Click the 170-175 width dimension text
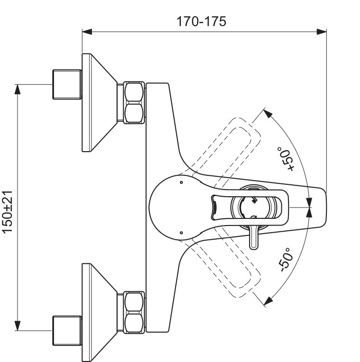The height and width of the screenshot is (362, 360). tap(201, 21)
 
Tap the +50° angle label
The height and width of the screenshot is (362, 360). tap(286, 161)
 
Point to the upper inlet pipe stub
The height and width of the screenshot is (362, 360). tap(66, 85)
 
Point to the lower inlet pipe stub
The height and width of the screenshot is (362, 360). tap(66, 331)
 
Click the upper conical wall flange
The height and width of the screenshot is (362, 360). tap(99, 103)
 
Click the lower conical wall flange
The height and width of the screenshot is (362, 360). tap(99, 312)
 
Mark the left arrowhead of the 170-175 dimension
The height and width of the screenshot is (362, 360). tap(86, 32)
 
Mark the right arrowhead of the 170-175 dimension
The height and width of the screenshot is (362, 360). tap(323, 32)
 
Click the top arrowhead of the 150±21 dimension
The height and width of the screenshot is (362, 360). tap(18, 89)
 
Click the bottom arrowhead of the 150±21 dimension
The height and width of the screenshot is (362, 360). tap(18, 327)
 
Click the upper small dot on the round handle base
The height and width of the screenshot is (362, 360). tap(181, 182)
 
